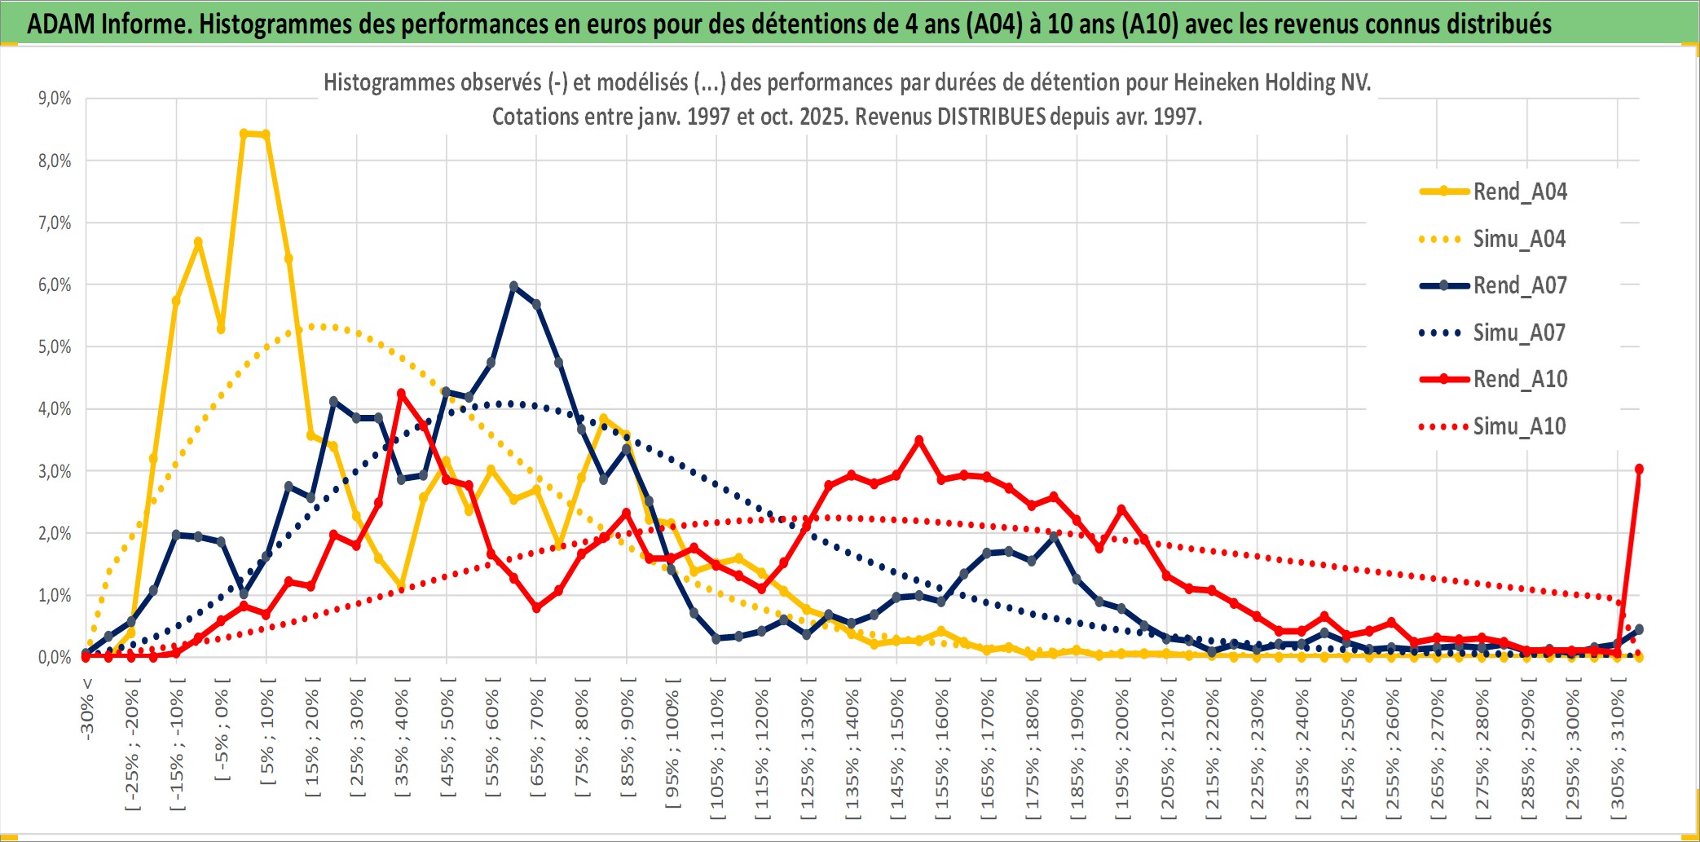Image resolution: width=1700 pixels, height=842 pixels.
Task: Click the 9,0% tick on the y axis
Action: (x=55, y=99)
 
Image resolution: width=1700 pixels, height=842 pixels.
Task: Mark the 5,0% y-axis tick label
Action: (x=55, y=347)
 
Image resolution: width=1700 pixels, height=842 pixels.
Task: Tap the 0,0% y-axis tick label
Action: (x=55, y=657)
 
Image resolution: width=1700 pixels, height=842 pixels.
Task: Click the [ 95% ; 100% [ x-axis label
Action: (x=672, y=749)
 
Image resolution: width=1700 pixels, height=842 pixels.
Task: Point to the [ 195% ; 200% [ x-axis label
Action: (x=1122, y=749)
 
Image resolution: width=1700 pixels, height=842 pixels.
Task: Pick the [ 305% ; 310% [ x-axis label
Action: (x=1618, y=749)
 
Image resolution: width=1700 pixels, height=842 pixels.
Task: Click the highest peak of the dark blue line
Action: (x=513, y=286)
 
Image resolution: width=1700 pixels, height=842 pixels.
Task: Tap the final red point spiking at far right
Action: (x=1639, y=469)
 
